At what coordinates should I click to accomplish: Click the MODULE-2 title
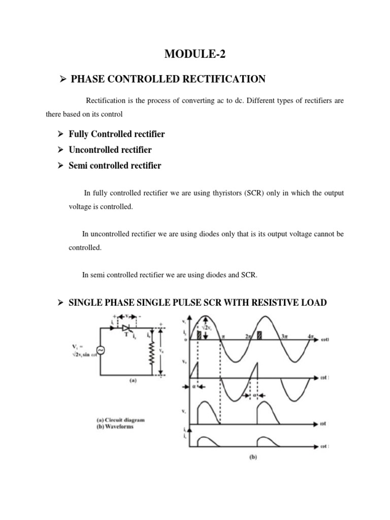coord(195,52)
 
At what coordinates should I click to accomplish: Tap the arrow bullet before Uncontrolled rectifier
coord(59,150)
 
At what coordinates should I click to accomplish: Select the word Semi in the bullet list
coord(78,166)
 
